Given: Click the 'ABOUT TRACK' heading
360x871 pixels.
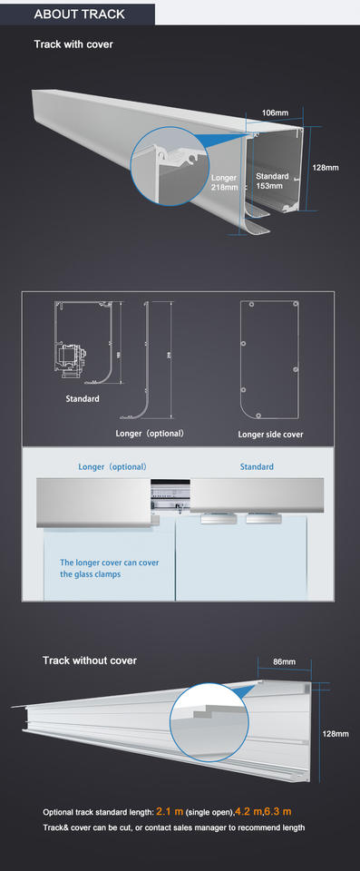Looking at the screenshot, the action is coord(79,15).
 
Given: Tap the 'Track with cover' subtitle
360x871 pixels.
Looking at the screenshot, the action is coord(73,44).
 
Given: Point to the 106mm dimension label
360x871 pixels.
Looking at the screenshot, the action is coord(275,113).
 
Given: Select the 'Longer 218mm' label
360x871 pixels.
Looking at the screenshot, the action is coord(224,181).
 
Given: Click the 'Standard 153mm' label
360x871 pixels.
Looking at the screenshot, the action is coord(272,181).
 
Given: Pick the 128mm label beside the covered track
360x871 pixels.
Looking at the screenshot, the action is coord(326,168).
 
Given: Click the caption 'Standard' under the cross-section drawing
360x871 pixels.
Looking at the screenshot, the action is coord(83,398).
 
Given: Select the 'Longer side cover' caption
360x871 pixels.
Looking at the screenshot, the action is coord(270,435).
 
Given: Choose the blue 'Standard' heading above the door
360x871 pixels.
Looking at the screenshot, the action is coord(257,466).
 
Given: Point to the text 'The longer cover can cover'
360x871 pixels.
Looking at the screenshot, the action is coord(110,563).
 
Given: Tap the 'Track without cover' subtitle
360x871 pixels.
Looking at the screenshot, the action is coord(90,660).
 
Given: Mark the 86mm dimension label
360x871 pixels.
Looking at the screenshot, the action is coord(285,662).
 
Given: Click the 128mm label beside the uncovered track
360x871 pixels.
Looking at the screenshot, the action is coord(336,733).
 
